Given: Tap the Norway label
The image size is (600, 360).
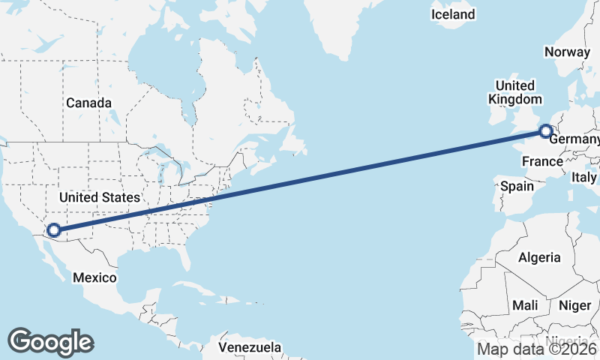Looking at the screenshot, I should point(568,52).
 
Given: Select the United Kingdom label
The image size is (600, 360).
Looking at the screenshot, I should point(514,92).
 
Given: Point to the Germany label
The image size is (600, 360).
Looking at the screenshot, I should point(574,140).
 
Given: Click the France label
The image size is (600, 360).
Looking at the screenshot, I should point(542,161).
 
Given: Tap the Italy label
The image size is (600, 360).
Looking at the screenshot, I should point(583,177).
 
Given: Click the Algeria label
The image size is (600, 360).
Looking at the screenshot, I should point(539,257).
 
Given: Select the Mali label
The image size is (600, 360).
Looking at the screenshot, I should point(525,305).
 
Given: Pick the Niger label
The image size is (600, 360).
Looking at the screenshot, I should point(574,305).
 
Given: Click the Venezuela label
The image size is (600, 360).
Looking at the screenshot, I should point(250,347).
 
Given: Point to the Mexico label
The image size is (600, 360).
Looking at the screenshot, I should point(94,277).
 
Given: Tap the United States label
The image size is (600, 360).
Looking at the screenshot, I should point(99,197).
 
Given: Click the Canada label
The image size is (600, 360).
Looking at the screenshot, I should point(88,103).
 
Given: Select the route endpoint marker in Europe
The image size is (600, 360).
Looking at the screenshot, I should point(545,133).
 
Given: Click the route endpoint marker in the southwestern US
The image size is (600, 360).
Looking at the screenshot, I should point(53,230).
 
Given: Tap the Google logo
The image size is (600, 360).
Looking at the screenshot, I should point(50,342).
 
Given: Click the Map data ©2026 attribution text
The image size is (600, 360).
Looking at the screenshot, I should point(537,348).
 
